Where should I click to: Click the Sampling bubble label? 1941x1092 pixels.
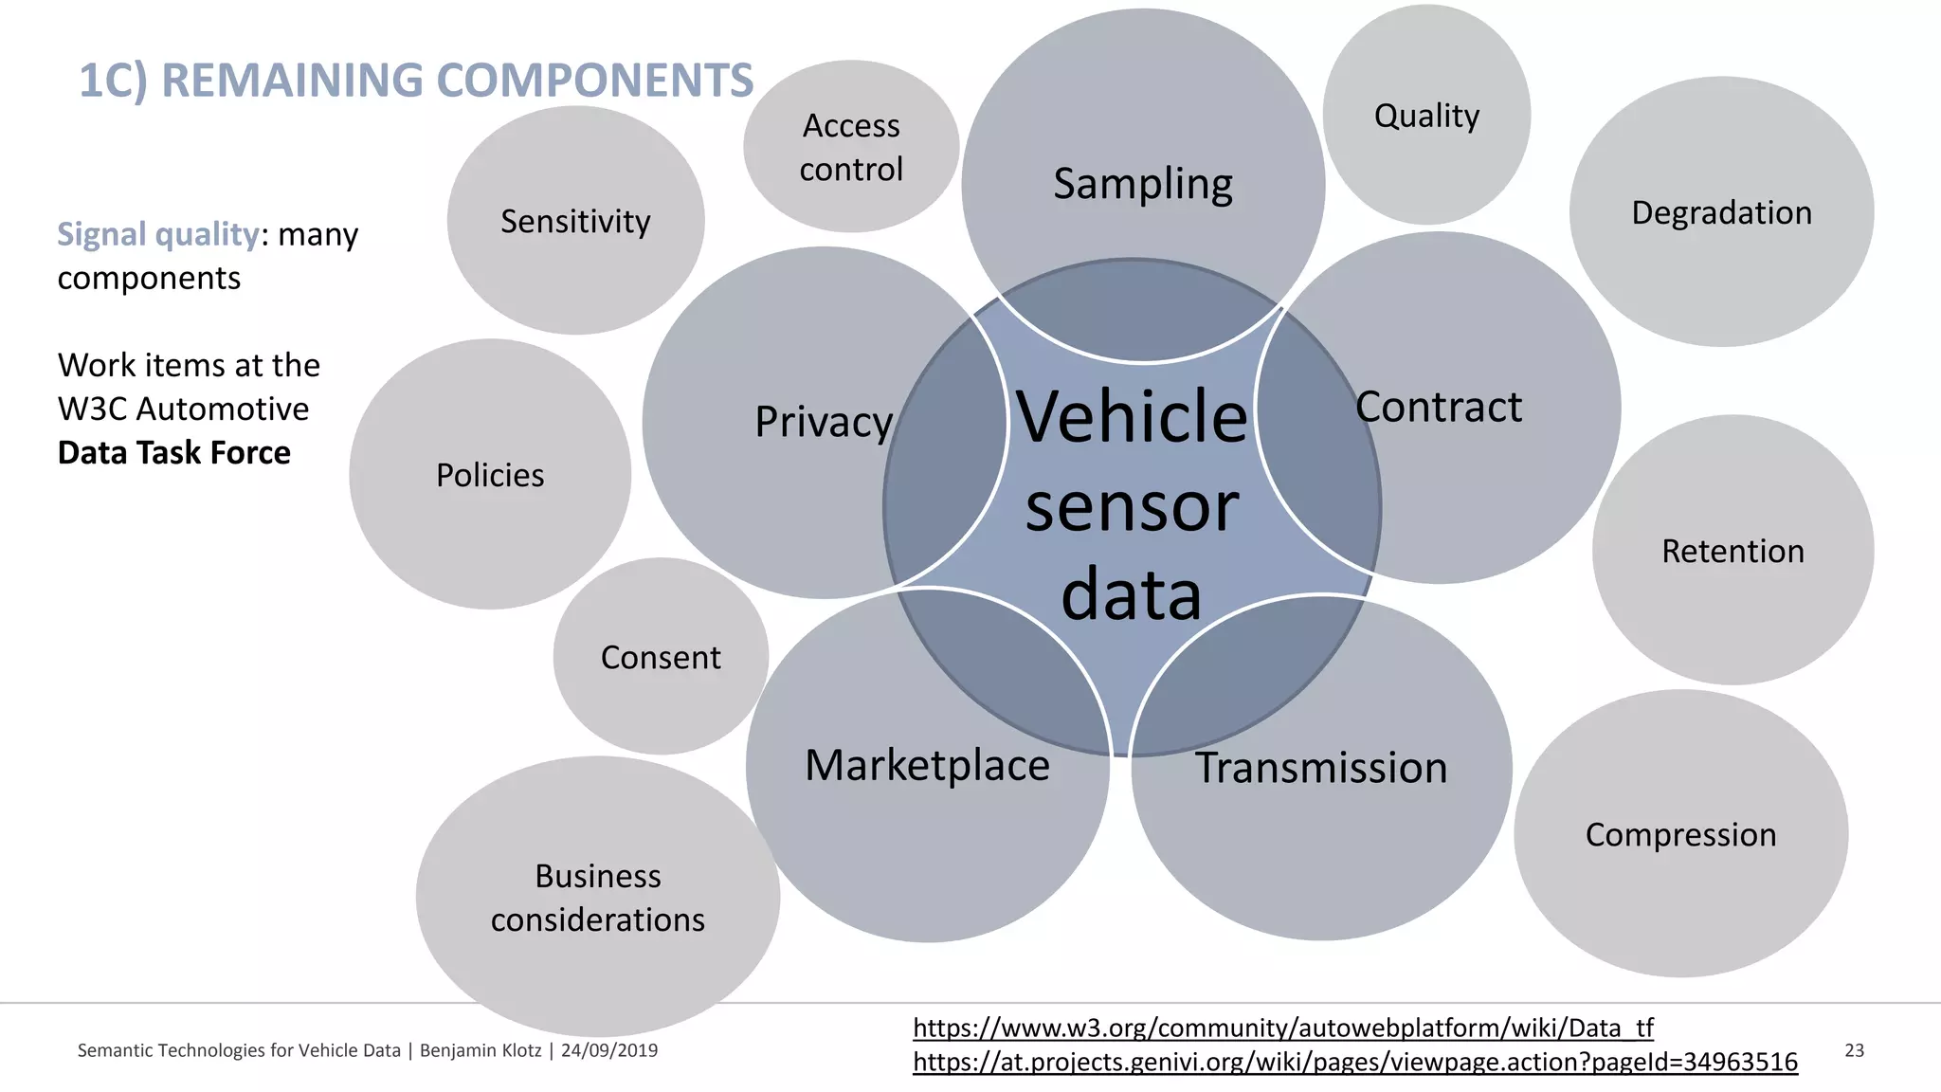click(1143, 184)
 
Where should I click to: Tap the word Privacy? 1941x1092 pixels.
click(824, 422)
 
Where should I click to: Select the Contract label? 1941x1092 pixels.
click(1438, 408)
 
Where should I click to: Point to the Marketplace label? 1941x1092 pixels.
click(927, 765)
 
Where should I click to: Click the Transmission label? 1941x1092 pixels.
click(1321, 768)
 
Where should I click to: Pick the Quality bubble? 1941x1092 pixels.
click(1426, 116)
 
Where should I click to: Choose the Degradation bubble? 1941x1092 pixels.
click(1721, 212)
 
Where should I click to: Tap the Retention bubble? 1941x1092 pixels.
click(1732, 551)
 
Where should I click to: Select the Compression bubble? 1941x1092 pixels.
click(1680, 834)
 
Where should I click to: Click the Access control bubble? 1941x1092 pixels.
click(851, 147)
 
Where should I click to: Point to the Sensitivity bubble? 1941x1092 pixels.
click(575, 221)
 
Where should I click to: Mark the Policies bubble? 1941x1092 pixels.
click(490, 475)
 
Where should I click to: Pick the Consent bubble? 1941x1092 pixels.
click(661, 657)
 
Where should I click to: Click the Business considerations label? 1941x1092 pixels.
click(598, 897)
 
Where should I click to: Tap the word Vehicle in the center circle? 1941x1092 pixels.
click(1132, 417)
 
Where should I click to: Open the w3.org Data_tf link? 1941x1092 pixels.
click(1282, 1028)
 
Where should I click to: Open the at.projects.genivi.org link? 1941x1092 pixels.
click(1354, 1062)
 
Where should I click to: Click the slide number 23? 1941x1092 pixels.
click(1854, 1050)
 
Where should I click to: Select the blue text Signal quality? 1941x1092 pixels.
click(157, 234)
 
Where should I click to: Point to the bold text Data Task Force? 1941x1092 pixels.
click(173, 453)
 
